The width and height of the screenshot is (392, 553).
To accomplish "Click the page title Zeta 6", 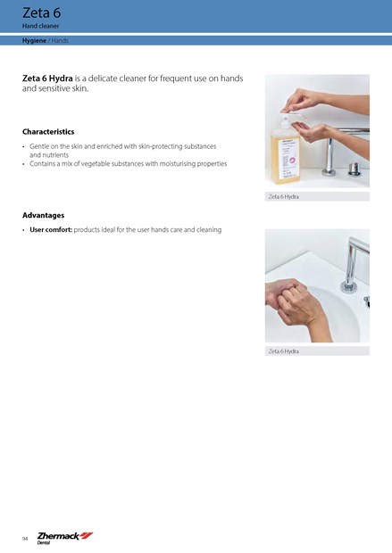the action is pyautogui.click(x=41, y=12).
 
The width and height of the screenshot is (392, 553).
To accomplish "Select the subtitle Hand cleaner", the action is pyautogui.click(x=40, y=26).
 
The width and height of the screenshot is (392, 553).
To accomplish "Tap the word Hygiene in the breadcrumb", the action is pyautogui.click(x=34, y=40).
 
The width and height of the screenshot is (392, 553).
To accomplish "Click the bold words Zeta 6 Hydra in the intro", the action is pyautogui.click(x=47, y=78).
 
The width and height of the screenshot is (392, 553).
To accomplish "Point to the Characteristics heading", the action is pyautogui.click(x=48, y=131).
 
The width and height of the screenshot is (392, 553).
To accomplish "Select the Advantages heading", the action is pyautogui.click(x=44, y=215).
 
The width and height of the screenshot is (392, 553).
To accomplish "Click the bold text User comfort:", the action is pyautogui.click(x=51, y=229).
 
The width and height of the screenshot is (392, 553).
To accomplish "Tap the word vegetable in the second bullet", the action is pyautogui.click(x=96, y=163).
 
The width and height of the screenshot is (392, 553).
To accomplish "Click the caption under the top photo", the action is pyautogui.click(x=284, y=197).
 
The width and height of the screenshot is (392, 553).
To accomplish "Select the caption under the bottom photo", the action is pyautogui.click(x=284, y=351).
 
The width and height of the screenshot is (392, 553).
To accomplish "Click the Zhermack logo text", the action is pyautogui.click(x=58, y=536).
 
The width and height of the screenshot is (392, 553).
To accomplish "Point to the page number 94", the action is pyautogui.click(x=25, y=539).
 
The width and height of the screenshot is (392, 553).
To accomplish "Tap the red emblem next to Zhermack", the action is pyautogui.click(x=87, y=536).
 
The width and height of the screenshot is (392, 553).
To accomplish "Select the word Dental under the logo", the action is pyautogui.click(x=44, y=543).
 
